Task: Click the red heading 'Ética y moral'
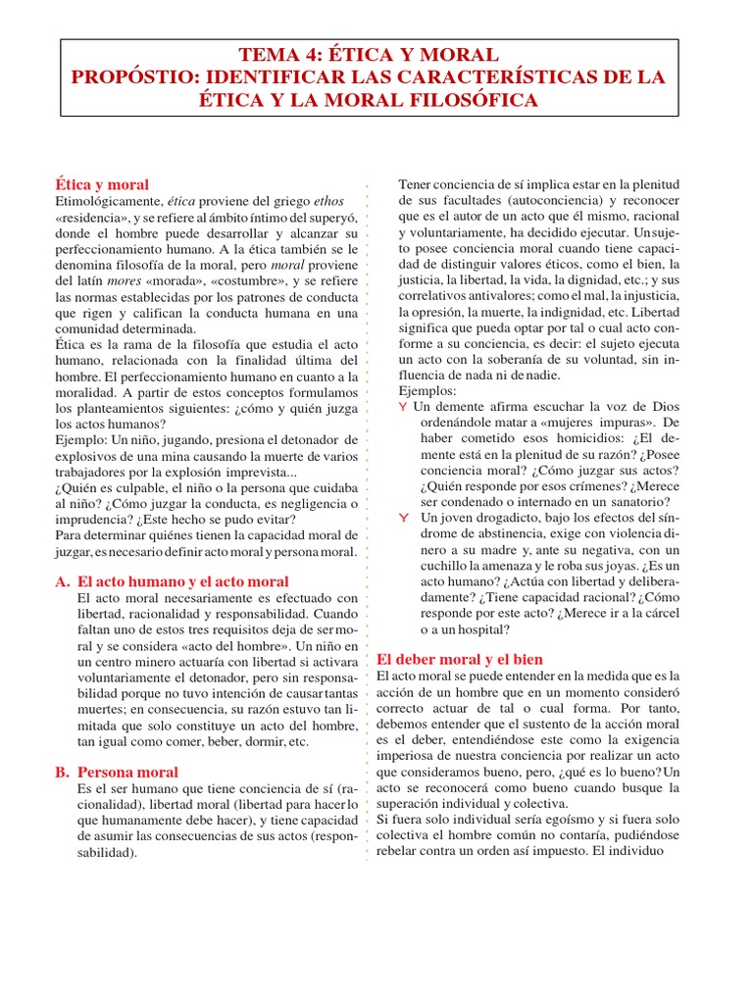click(102, 184)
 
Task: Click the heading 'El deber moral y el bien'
click(460, 659)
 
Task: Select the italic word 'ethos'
click(327, 201)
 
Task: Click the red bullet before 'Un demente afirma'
click(402, 406)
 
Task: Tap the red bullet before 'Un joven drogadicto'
click(402, 517)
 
